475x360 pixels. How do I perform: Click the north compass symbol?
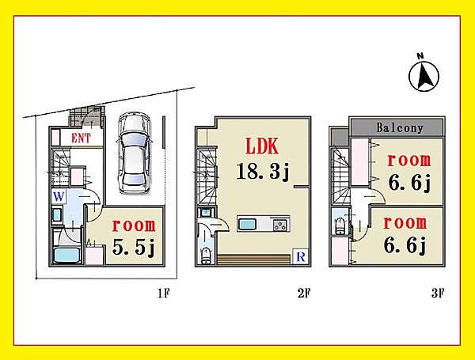(x=424, y=74)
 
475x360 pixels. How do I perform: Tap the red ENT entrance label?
(x=81, y=138)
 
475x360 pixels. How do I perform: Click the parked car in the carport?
(x=135, y=153)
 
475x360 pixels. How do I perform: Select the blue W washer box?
(x=59, y=197)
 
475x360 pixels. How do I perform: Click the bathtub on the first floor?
(x=66, y=255)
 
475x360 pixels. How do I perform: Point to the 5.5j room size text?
(x=134, y=248)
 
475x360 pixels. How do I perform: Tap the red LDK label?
(x=262, y=146)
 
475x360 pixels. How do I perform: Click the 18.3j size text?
(x=263, y=172)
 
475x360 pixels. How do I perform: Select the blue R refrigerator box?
(x=301, y=257)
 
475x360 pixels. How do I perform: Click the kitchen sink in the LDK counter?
(x=248, y=225)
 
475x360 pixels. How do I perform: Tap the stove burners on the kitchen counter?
(x=280, y=225)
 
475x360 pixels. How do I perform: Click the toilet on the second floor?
(x=206, y=256)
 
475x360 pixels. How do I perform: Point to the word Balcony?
(x=400, y=128)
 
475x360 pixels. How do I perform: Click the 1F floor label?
(x=164, y=293)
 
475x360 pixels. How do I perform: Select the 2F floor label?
(x=304, y=293)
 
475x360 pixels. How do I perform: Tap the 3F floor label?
(x=438, y=293)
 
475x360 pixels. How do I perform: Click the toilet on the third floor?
(x=340, y=225)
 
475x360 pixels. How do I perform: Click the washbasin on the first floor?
(x=57, y=215)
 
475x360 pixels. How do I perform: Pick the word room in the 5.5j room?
(x=134, y=225)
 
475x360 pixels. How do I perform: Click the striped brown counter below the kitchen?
(x=253, y=260)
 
